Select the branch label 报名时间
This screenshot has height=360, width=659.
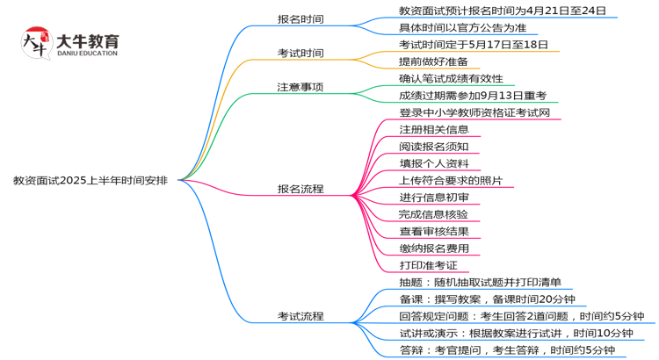(301, 18)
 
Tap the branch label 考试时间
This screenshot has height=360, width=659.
(301, 53)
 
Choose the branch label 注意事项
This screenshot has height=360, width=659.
(301, 87)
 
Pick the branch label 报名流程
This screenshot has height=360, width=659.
(301, 189)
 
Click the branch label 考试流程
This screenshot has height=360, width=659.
(301, 316)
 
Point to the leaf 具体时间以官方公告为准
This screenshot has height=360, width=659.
(457, 27)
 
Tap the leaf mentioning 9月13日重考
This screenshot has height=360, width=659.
(473, 96)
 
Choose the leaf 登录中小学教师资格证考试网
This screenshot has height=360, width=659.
(474, 112)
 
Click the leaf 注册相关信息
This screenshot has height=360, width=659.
(434, 129)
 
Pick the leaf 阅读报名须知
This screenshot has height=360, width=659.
(434, 147)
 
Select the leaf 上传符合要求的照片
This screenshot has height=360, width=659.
(457, 180)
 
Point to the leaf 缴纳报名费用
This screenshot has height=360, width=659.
(434, 248)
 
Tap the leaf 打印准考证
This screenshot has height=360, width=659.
(428, 265)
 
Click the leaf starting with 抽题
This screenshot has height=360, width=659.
(480, 283)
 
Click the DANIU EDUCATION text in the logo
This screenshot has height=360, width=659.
(86, 54)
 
